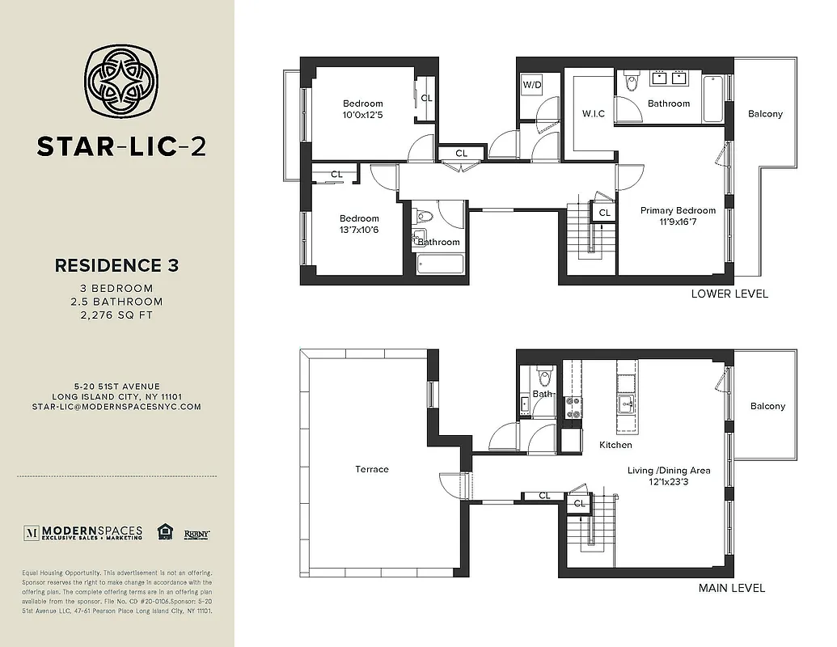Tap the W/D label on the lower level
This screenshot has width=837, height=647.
pos(531,85)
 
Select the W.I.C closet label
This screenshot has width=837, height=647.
pos(594,113)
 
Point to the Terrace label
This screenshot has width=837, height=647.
pos(372,469)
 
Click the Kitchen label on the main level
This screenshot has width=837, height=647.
pos(615,445)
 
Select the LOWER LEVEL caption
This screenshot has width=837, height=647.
pos(729,294)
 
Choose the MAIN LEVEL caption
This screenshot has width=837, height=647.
pos(731,588)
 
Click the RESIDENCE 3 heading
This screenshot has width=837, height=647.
pos(116,264)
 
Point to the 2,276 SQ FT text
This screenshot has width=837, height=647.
pos(116,315)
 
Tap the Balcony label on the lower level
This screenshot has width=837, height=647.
pos(765,114)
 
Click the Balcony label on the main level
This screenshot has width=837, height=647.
pos(767,407)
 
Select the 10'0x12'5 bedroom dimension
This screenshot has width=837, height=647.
pos(362,114)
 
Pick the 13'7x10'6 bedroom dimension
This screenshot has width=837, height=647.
pos(359,230)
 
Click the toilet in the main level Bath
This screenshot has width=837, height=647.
pos(543,377)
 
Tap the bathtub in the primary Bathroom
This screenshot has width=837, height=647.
pos(712,98)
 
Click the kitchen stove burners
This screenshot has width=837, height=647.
pos(573,407)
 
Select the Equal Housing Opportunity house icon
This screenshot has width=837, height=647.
pos(166,531)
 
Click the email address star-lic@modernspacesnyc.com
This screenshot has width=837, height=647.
pos(116,407)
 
